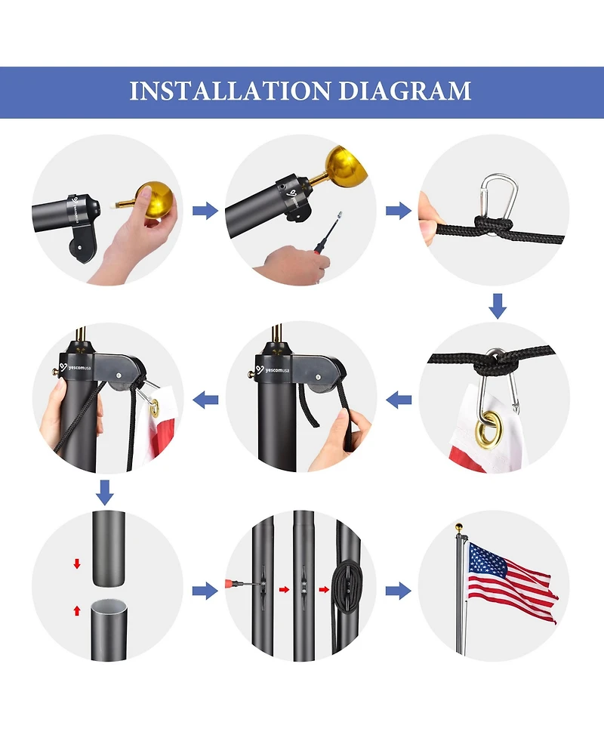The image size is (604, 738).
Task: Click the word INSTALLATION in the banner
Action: pyautogui.click(x=230, y=91)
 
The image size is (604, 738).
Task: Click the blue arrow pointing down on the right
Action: pyautogui.click(x=498, y=306)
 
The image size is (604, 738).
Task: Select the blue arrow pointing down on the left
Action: pyautogui.click(x=104, y=493)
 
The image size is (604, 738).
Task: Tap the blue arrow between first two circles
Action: pyautogui.click(x=205, y=210)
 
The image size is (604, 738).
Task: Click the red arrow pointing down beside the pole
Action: pyautogui.click(x=77, y=564)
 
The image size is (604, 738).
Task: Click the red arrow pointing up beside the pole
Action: pyautogui.click(x=77, y=610)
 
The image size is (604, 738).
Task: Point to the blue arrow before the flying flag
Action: pyautogui.click(x=399, y=591)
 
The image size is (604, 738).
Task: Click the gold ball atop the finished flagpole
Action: pyautogui.click(x=459, y=526)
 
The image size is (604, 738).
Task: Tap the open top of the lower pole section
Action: pyautogui.click(x=108, y=605)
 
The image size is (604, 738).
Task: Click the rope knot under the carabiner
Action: pyautogui.click(x=493, y=227)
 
